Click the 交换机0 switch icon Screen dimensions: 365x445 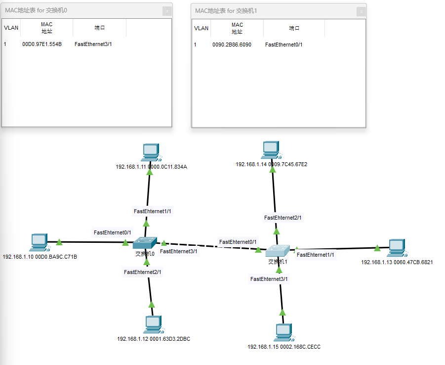(145, 242)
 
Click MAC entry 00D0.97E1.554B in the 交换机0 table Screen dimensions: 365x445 (42, 45)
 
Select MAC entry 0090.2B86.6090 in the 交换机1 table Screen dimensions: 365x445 (232, 45)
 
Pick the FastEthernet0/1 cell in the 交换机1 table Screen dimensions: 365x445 (283, 45)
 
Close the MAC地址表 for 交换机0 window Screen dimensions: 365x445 (167, 10)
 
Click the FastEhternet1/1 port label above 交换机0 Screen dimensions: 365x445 (153, 211)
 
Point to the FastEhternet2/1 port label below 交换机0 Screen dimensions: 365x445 (143, 272)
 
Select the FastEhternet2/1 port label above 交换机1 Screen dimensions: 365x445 (283, 218)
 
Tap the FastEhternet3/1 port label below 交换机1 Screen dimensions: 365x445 (269, 279)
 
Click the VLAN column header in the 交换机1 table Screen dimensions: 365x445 (201, 28)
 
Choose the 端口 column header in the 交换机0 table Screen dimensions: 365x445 (99, 28)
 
